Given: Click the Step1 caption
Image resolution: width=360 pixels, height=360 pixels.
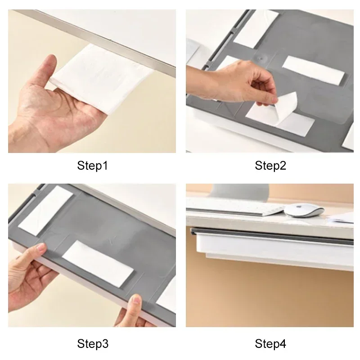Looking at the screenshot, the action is [x=92, y=166].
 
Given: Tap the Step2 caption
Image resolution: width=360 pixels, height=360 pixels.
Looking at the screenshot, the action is [x=270, y=166].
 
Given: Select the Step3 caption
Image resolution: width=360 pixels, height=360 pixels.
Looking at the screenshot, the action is [x=93, y=344].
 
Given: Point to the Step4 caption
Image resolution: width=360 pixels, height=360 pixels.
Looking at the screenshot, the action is [x=270, y=344].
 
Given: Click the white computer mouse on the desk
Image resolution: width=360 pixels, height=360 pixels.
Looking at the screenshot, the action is [x=304, y=210].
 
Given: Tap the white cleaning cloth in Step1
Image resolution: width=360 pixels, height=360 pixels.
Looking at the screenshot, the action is [x=101, y=78].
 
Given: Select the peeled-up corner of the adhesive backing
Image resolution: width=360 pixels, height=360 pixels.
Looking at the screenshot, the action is [x=287, y=107].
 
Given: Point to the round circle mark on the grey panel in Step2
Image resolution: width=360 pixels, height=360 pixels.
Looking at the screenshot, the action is [x=260, y=58].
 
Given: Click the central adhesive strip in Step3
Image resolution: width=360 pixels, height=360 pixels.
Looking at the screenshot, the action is [x=98, y=264].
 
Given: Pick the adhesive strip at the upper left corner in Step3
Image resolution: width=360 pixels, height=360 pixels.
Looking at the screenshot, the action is [x=45, y=211].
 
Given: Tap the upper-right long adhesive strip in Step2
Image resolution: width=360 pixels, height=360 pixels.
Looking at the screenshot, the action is [x=313, y=70].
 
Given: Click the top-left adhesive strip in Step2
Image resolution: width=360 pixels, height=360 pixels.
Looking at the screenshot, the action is [x=256, y=29].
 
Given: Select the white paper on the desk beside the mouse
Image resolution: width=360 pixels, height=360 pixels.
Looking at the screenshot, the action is [x=341, y=218].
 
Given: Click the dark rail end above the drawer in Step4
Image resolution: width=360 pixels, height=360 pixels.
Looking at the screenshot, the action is [x=193, y=231].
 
